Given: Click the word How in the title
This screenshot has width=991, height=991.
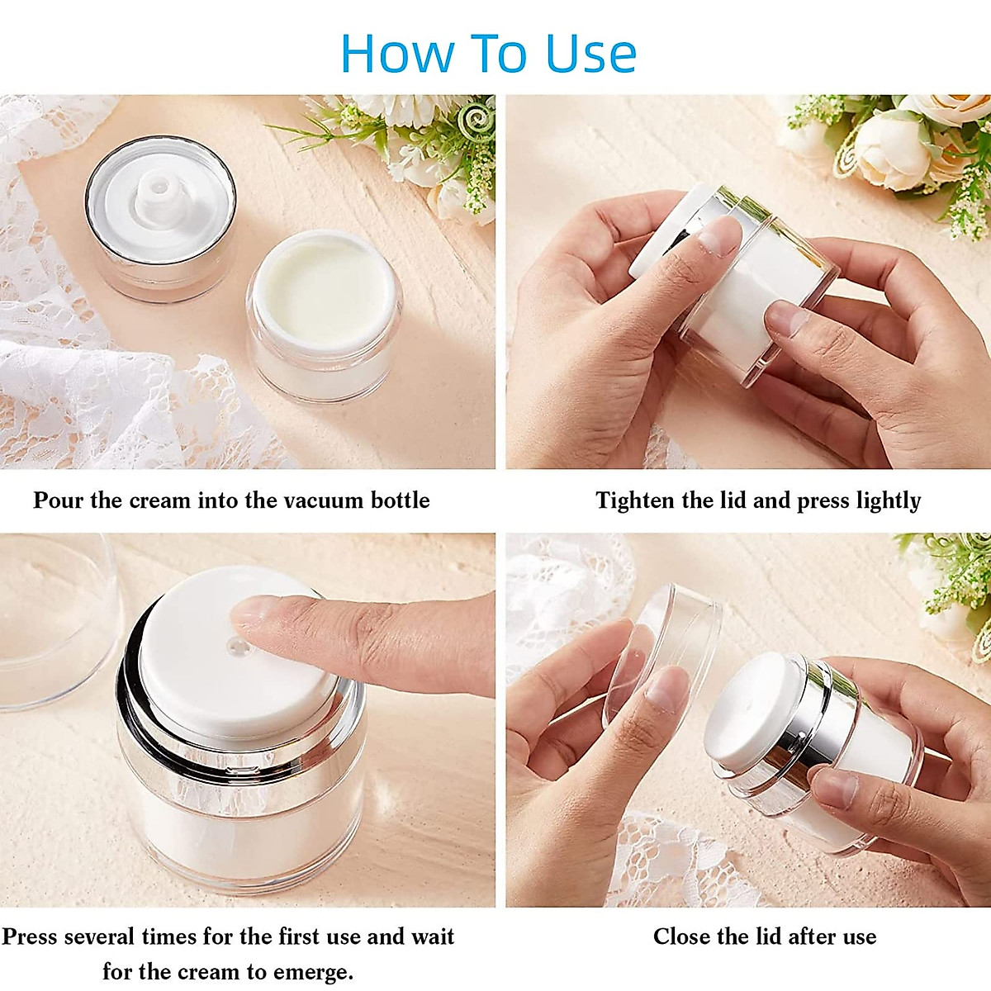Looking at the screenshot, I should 396,54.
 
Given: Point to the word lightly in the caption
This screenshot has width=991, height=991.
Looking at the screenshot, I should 888,500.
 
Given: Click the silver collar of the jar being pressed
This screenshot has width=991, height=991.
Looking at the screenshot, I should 239,743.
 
